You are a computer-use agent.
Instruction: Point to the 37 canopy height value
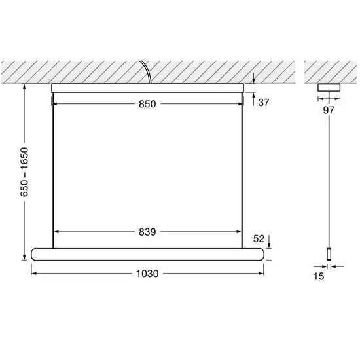click(264, 102)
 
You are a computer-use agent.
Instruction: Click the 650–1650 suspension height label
click(24, 171)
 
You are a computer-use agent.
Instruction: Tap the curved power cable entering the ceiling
click(149, 72)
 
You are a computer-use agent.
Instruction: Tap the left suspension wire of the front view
click(52, 170)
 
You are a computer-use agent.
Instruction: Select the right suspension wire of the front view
click(247, 170)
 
